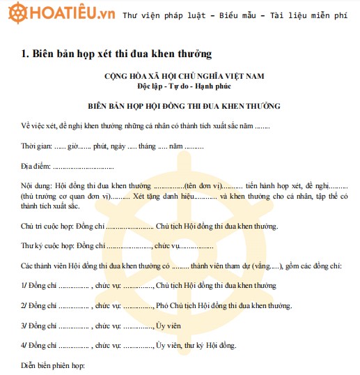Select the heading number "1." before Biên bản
(25, 53)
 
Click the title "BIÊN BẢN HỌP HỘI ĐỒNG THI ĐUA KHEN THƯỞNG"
(185, 107)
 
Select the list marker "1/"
(24, 285)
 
